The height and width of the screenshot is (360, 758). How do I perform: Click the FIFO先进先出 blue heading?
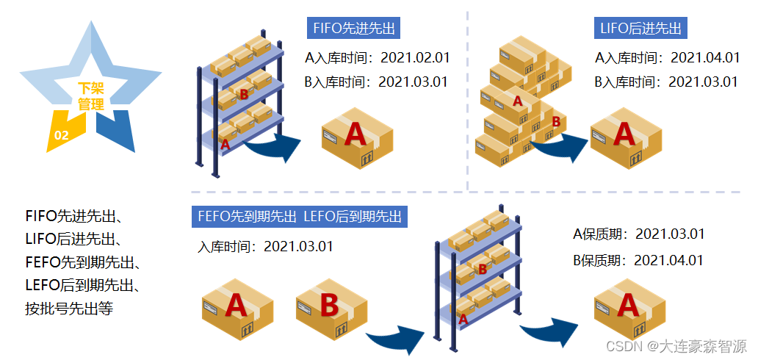(x=353, y=29)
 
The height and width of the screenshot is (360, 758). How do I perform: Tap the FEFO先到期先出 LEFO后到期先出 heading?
(x=299, y=217)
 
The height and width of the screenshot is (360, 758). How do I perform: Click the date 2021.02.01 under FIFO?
(x=414, y=58)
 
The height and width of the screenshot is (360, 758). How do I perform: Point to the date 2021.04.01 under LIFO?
(x=705, y=58)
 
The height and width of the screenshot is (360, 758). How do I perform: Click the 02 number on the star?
(x=62, y=135)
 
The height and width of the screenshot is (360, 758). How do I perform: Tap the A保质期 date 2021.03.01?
(x=670, y=234)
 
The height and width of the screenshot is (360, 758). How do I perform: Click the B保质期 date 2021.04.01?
(x=668, y=260)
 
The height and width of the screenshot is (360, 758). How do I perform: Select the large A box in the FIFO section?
(x=357, y=137)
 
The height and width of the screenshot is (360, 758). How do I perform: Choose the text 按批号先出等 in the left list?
(x=69, y=308)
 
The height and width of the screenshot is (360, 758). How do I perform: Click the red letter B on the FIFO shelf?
(x=244, y=94)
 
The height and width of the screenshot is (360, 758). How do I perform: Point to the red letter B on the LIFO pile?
(x=556, y=121)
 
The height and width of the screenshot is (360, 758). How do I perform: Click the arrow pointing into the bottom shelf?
(x=397, y=339)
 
